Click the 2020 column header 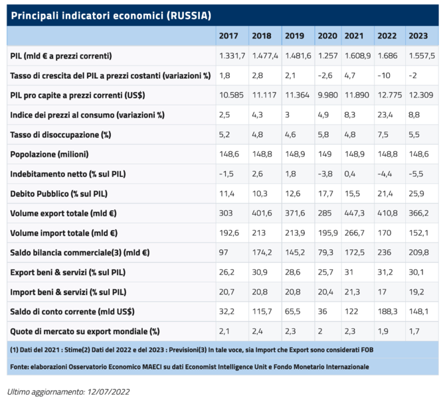pos(327,36)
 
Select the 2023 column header pos(418,36)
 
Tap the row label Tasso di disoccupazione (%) pos(60,135)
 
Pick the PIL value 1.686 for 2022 pos(387,56)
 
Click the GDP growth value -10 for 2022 pos(384,76)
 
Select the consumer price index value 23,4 pos(385,115)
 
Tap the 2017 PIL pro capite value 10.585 pos(230,95)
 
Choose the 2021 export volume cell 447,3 pos(355,214)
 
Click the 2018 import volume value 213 pos(258,233)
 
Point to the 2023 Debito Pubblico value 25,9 pos(416,194)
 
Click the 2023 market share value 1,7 pos(414,332)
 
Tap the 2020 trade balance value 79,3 pos(325,253)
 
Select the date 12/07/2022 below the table pos(106,391)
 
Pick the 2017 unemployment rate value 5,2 pos(224,135)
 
